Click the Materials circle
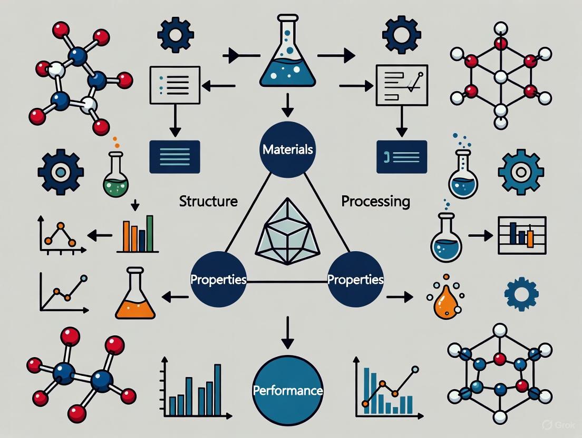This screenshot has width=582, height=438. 287,150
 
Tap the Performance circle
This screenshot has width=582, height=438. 287,391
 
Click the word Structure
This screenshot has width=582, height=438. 208,201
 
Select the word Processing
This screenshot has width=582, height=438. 375,201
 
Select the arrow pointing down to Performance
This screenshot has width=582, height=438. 287,332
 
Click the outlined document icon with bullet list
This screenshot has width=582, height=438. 174,84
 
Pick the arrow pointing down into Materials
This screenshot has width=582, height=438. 287,104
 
